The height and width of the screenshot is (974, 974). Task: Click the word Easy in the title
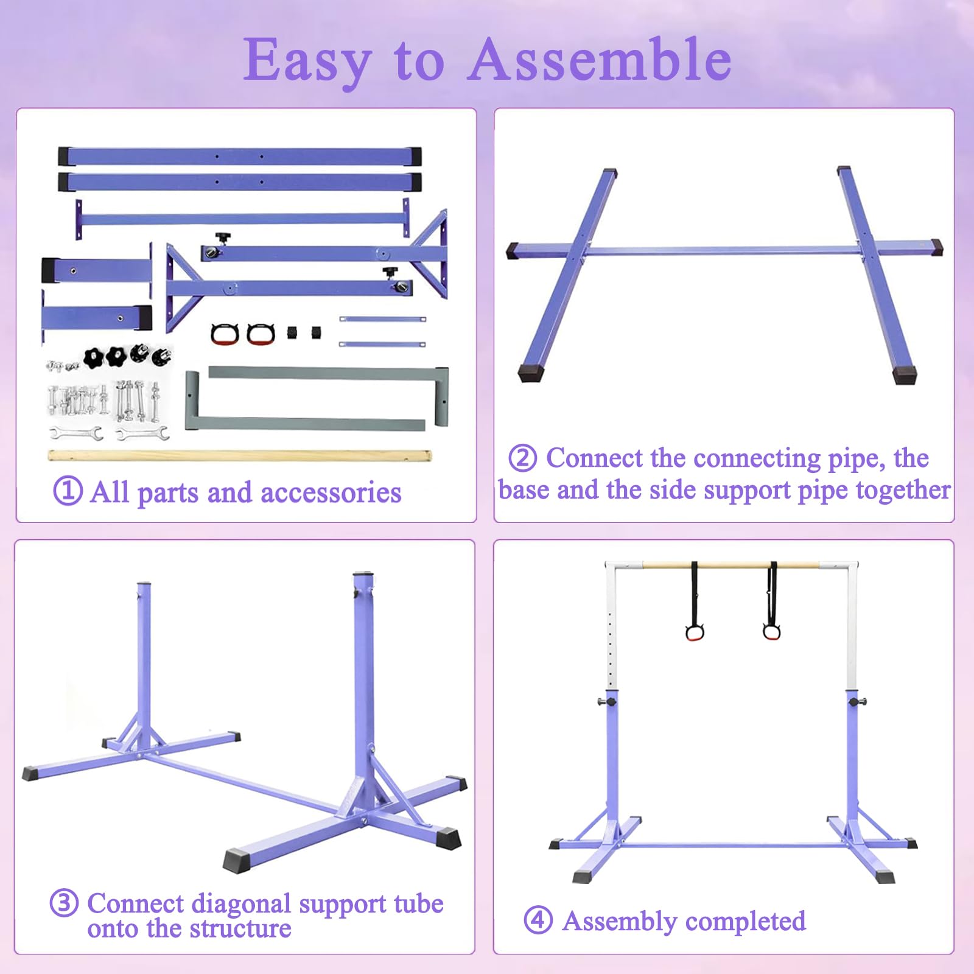pos(307,61)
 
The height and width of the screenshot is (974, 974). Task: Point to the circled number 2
pos(522,458)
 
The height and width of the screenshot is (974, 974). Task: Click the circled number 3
pos(64,903)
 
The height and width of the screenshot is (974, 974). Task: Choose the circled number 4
pos(538,920)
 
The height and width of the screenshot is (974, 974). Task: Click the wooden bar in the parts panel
pos(240,455)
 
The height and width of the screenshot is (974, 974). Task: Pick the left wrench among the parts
pos(76,433)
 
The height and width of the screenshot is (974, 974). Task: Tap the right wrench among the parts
pos(142,433)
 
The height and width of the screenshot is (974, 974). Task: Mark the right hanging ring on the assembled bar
pos(771,631)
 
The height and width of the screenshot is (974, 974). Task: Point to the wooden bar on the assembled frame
pos(730,566)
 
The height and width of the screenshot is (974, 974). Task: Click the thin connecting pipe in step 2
pos(722,250)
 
